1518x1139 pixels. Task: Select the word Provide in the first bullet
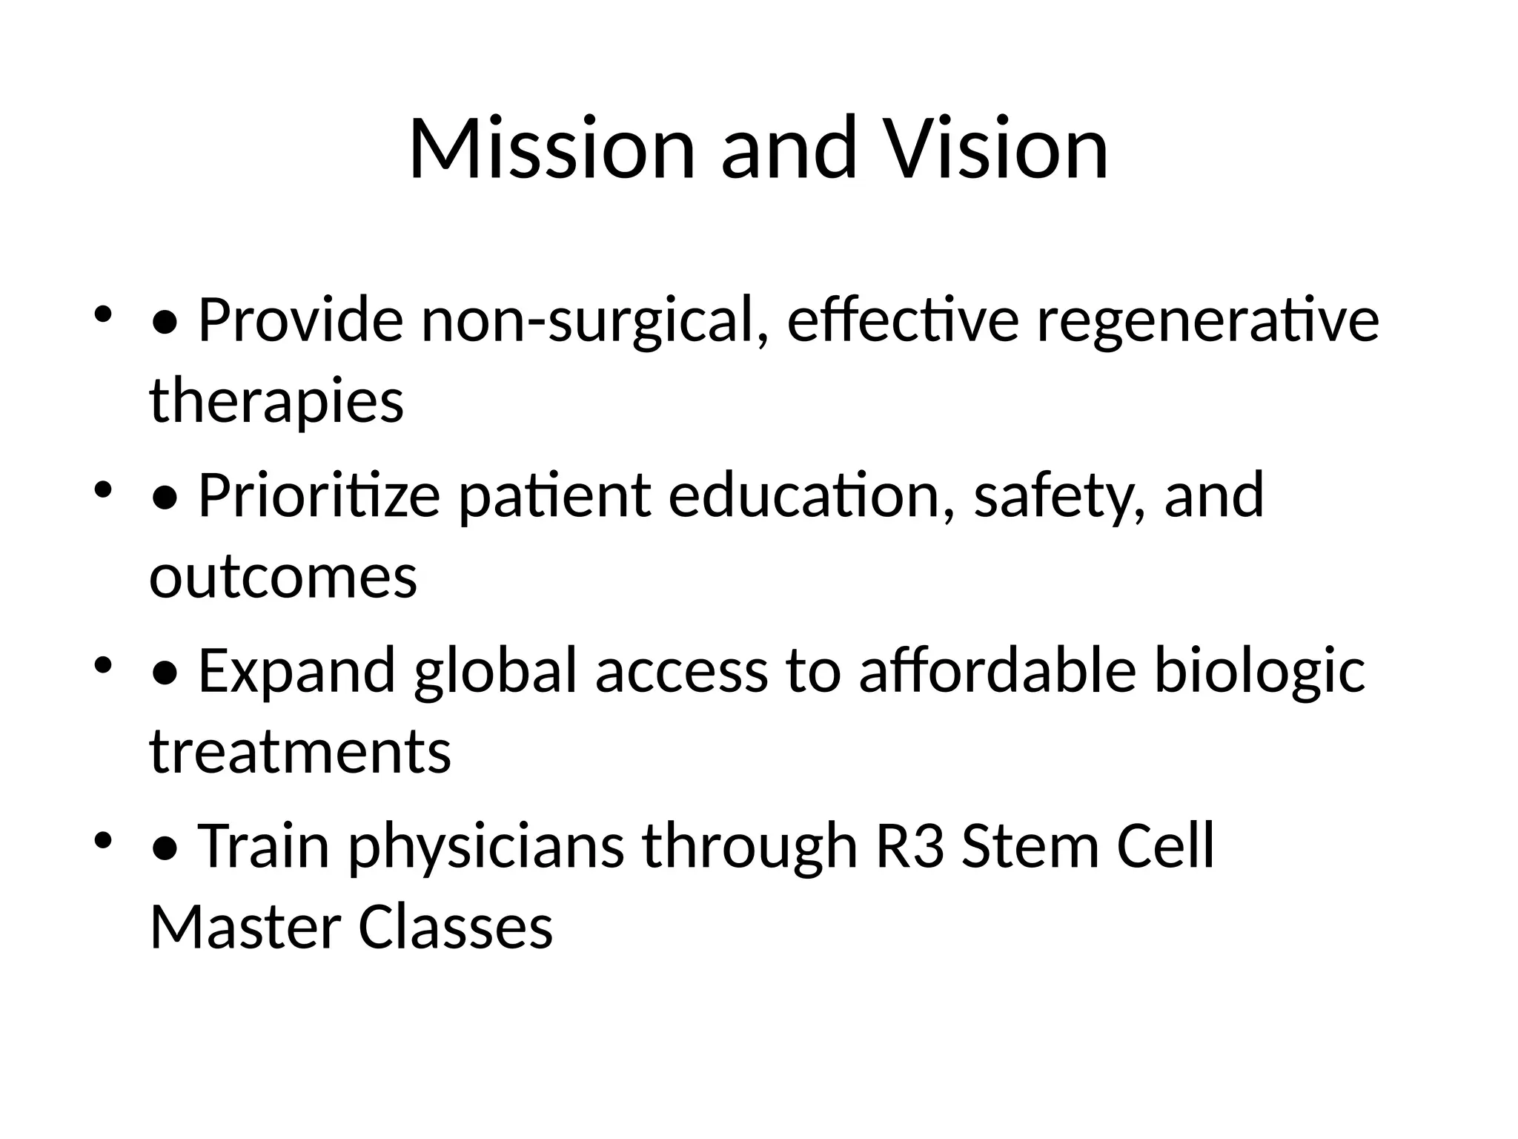click(x=301, y=320)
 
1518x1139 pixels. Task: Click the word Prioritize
click(x=319, y=496)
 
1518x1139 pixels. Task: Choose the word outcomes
click(x=283, y=577)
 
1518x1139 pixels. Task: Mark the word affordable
click(x=997, y=671)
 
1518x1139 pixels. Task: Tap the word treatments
click(x=300, y=752)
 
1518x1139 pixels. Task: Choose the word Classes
click(x=456, y=927)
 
